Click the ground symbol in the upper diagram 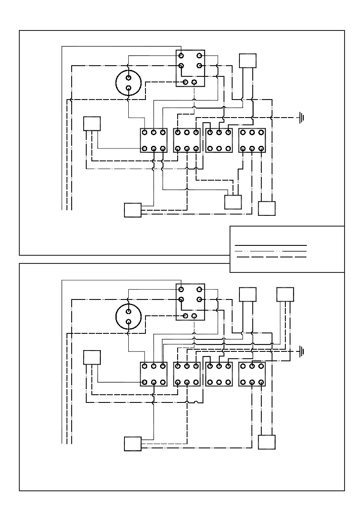302,117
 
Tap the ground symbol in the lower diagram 302,352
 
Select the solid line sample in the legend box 271,245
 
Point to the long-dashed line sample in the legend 271,257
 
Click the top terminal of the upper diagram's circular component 128,77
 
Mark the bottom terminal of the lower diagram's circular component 128,321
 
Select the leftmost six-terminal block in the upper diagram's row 154,140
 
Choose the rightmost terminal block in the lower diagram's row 252,374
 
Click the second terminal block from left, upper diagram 187,140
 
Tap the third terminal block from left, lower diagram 219,374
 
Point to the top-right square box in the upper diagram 248,60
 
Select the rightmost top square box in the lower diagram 285,295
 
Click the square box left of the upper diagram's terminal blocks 92,124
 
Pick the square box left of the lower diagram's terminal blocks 92,357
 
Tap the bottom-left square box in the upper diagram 133,210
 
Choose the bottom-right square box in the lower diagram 267,442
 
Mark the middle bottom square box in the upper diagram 233,202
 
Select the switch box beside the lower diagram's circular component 190,302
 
